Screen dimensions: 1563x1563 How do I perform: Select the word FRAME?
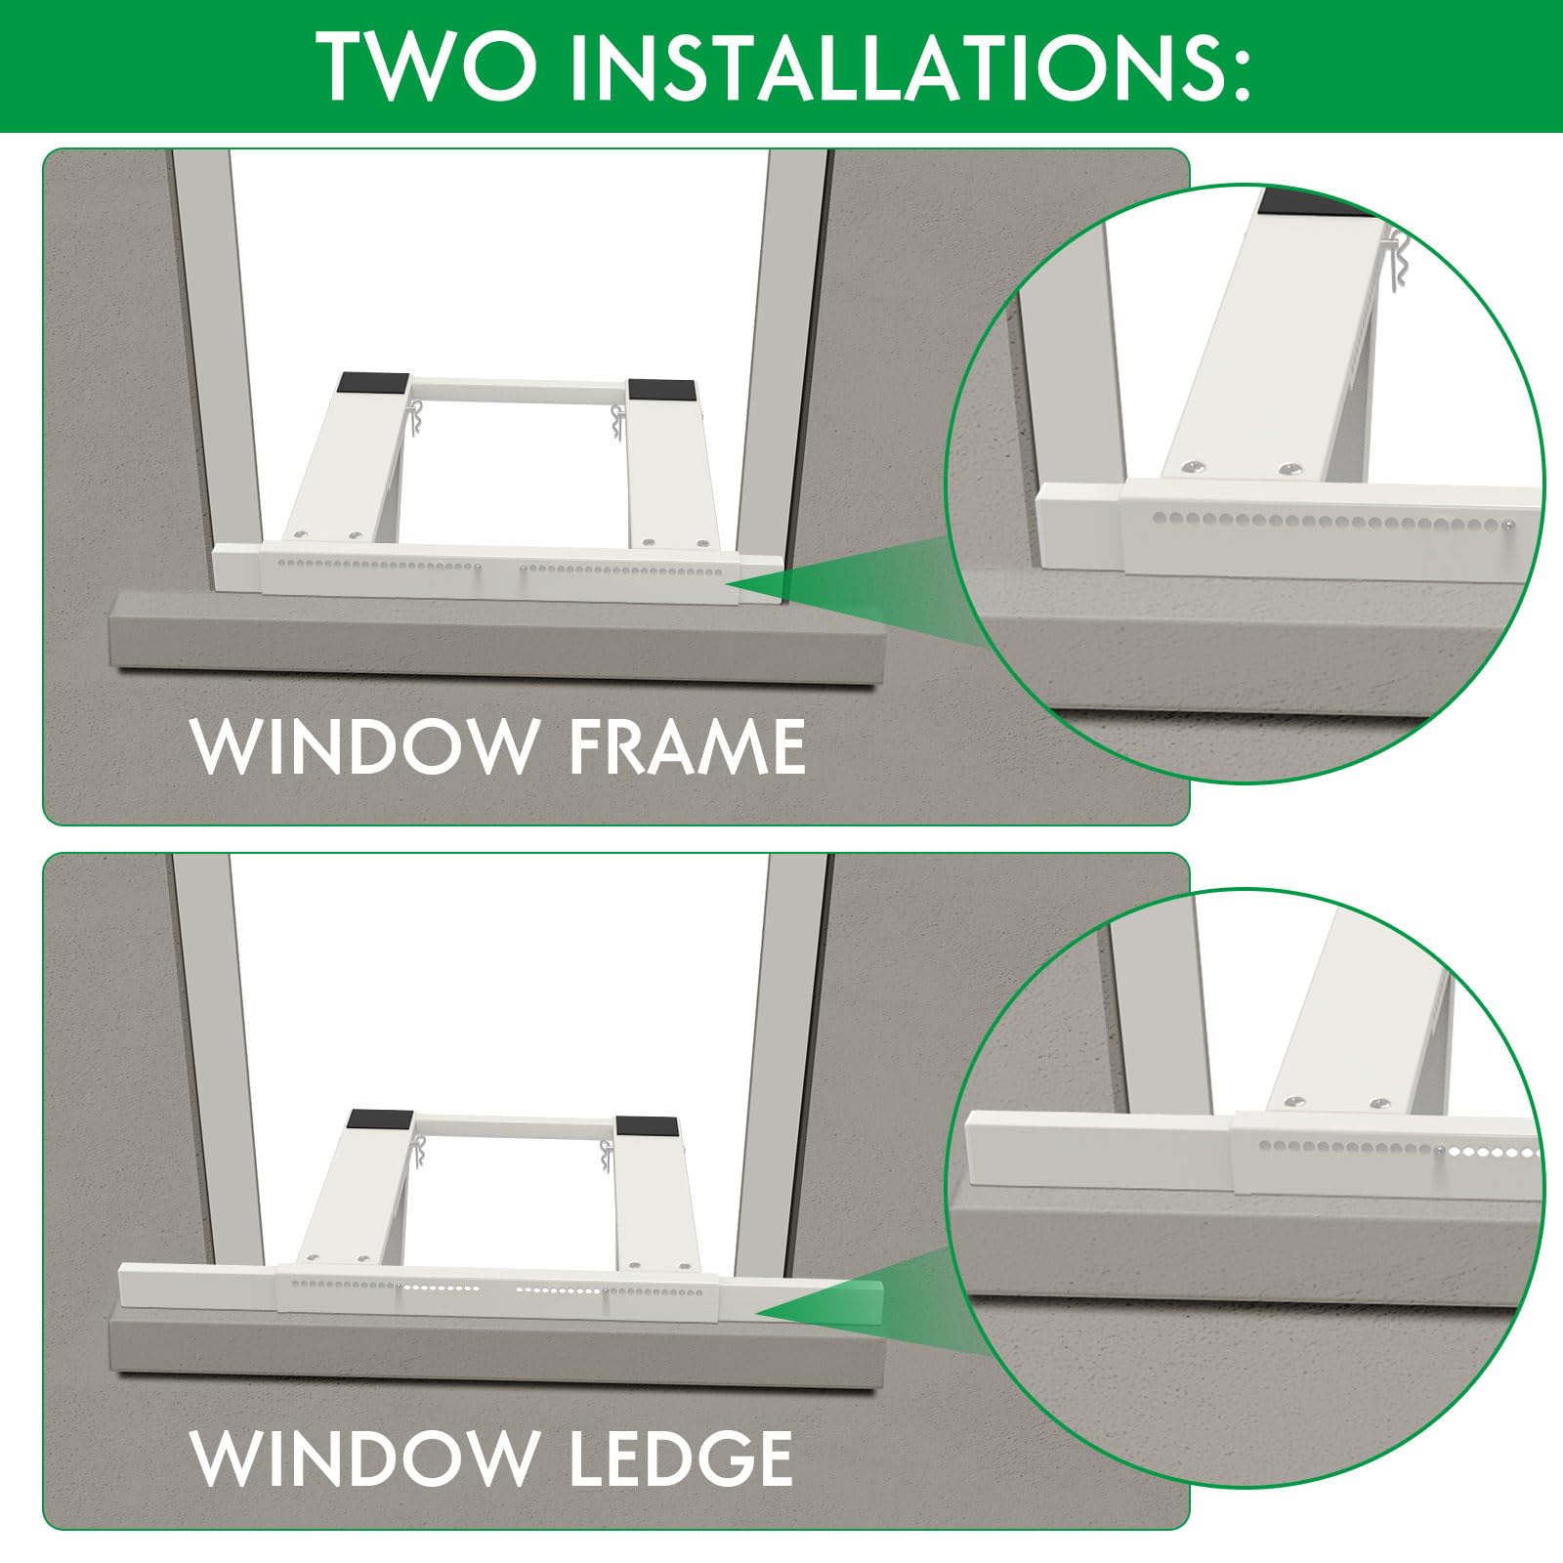687,747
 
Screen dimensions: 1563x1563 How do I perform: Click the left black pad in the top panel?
373,383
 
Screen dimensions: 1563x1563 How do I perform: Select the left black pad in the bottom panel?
381,1119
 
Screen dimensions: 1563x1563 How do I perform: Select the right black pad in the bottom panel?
646,1125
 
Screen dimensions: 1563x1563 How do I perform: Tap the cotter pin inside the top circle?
1399,259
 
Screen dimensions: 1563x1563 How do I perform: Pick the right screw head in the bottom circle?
1377,1104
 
